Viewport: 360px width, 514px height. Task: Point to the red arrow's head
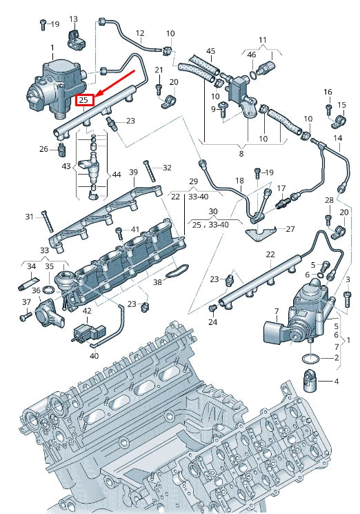pos(97,95)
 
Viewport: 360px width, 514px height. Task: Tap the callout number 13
pos(73,19)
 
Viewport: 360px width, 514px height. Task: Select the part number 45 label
pos(210,51)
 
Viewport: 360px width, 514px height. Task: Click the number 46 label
pos(252,55)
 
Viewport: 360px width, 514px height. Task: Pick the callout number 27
pos(290,230)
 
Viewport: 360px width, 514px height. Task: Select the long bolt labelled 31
pos(46,221)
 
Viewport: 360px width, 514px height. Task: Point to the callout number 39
pos(134,172)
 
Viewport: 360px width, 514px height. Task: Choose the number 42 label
pos(87,311)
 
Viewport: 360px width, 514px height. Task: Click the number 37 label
pos(26,302)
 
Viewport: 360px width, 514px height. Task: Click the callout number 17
pos(281,188)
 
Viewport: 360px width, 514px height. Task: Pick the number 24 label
pos(212,322)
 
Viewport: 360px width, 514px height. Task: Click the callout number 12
pos(139,33)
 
